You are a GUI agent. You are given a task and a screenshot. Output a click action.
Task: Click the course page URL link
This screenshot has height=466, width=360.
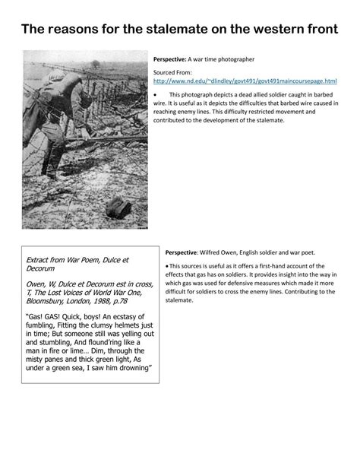tap(245, 80)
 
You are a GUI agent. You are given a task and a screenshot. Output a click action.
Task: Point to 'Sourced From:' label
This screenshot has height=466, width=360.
tap(172, 71)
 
